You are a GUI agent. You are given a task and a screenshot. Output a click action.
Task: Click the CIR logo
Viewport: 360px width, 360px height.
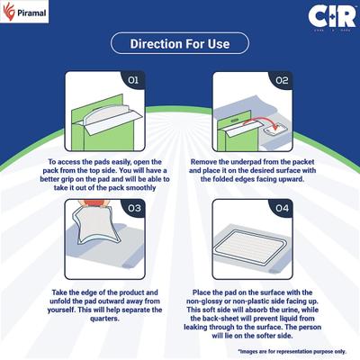click(326, 17)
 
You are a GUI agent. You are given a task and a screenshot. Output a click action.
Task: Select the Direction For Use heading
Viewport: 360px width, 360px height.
click(180, 44)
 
